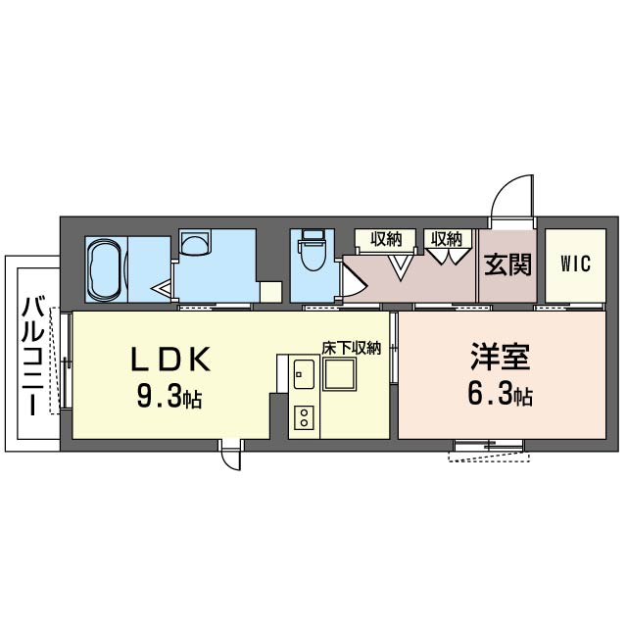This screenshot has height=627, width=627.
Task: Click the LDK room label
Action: pyautogui.click(x=171, y=361)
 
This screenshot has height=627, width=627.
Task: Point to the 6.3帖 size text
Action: pyautogui.click(x=500, y=396)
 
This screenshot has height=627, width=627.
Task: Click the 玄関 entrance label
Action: pyautogui.click(x=507, y=265)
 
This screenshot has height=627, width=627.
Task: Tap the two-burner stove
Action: pyautogui.click(x=303, y=419)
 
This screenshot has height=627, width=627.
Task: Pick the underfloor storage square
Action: pyautogui.click(x=345, y=376)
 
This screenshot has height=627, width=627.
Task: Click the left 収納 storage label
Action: pyautogui.click(x=386, y=238)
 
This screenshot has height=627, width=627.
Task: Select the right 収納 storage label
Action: pyautogui.click(x=446, y=238)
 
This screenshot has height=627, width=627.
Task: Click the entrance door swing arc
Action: pyautogui.click(x=510, y=201)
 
